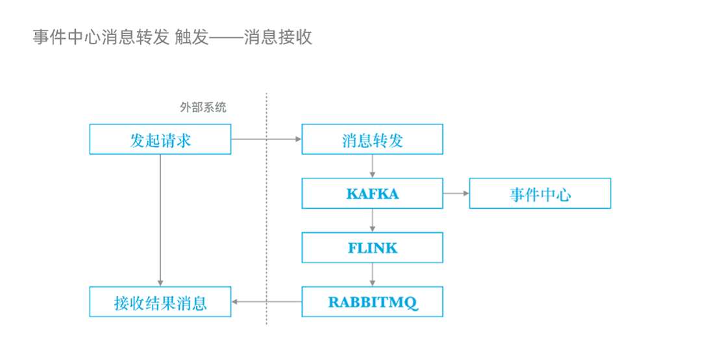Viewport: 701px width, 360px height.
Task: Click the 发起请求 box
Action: click(x=160, y=139)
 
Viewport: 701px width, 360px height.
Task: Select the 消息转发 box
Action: click(x=372, y=139)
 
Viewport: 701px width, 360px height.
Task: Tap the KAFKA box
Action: click(x=372, y=193)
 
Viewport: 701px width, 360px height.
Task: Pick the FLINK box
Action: click(x=372, y=247)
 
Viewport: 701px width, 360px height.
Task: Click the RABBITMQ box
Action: click(x=372, y=302)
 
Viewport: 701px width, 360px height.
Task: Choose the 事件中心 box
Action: click(x=539, y=193)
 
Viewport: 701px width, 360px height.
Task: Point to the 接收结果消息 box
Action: click(x=160, y=302)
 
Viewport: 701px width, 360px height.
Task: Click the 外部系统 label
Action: click(x=203, y=108)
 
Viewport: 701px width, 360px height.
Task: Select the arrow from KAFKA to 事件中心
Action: click(x=456, y=193)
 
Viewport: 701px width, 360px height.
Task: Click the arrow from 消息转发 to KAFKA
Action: click(x=372, y=166)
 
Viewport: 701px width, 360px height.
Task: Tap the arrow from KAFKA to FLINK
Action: click(x=372, y=221)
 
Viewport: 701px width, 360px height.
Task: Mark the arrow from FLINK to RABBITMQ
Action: click(x=372, y=274)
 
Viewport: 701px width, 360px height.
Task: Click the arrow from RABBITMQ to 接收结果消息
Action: click(x=266, y=302)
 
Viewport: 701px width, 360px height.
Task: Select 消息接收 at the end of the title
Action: click(x=278, y=37)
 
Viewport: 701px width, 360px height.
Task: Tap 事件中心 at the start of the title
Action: click(x=67, y=37)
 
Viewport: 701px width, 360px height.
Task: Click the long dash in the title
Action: click(x=226, y=38)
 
